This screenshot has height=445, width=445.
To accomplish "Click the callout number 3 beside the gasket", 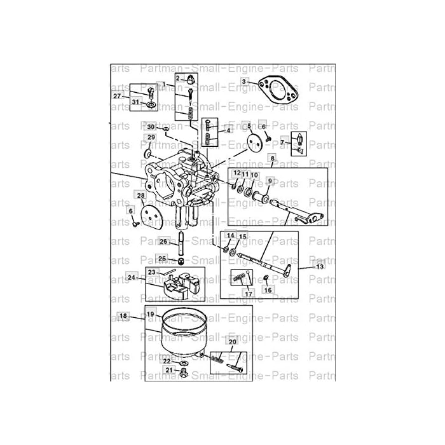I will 245,82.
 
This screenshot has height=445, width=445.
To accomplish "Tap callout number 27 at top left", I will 117,96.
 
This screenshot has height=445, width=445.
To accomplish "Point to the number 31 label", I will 136,102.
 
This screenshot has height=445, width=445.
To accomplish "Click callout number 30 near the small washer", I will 151,127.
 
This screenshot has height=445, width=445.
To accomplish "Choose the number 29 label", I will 151,137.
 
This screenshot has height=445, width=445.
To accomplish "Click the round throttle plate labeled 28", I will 150,216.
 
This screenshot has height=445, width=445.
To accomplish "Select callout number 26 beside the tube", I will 163,242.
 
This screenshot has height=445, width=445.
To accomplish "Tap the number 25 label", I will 162,258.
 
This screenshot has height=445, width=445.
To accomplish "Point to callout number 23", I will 151,271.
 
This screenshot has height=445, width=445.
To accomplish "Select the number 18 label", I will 123,315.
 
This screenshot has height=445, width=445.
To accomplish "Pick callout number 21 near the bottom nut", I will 168,369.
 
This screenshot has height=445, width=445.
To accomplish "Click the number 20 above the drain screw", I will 232,342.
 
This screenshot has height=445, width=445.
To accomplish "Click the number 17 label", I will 249,294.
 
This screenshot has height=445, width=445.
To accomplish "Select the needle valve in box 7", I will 298,144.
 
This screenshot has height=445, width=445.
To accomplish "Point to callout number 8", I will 272,157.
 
